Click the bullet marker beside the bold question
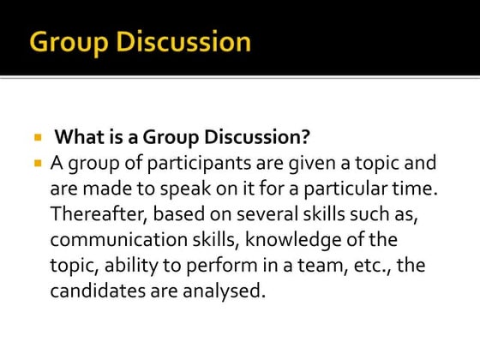coord(38,137)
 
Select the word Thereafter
coord(99,213)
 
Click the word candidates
coord(95,290)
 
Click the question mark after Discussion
coord(304,137)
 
